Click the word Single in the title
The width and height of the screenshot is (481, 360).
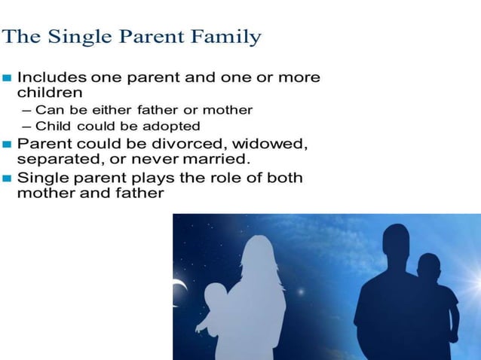point(84,36)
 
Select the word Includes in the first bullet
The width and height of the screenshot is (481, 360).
point(51,78)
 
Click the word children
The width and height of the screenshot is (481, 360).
point(50,93)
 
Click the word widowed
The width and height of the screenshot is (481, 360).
point(271,143)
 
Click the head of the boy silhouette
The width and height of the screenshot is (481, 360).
point(428,267)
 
